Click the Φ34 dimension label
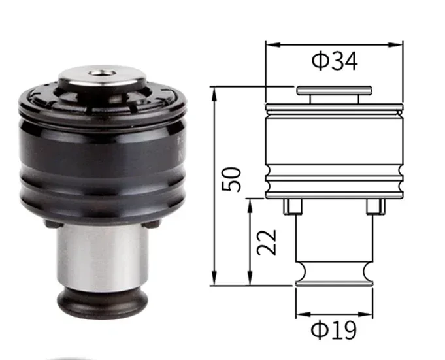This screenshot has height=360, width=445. (x=335, y=61)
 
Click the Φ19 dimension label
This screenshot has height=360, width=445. (x=333, y=330)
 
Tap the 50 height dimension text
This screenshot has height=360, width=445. (x=231, y=179)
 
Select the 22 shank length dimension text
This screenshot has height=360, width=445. (x=267, y=242)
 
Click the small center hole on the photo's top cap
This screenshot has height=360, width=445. (x=101, y=74)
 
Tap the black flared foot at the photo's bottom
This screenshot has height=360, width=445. (x=102, y=304)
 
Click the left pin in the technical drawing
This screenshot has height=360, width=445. (x=293, y=206)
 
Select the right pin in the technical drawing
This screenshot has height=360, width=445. (x=376, y=206)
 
